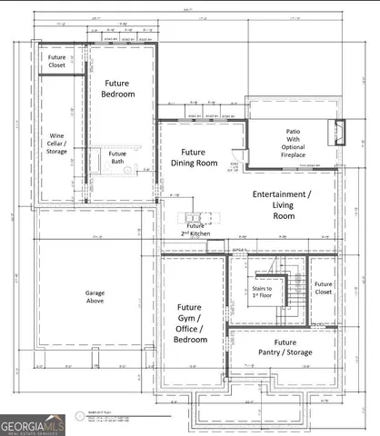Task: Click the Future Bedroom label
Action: [119, 87]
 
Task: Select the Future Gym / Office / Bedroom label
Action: [190, 323]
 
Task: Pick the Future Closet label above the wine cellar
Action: [57, 61]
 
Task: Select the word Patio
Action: [293, 133]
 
